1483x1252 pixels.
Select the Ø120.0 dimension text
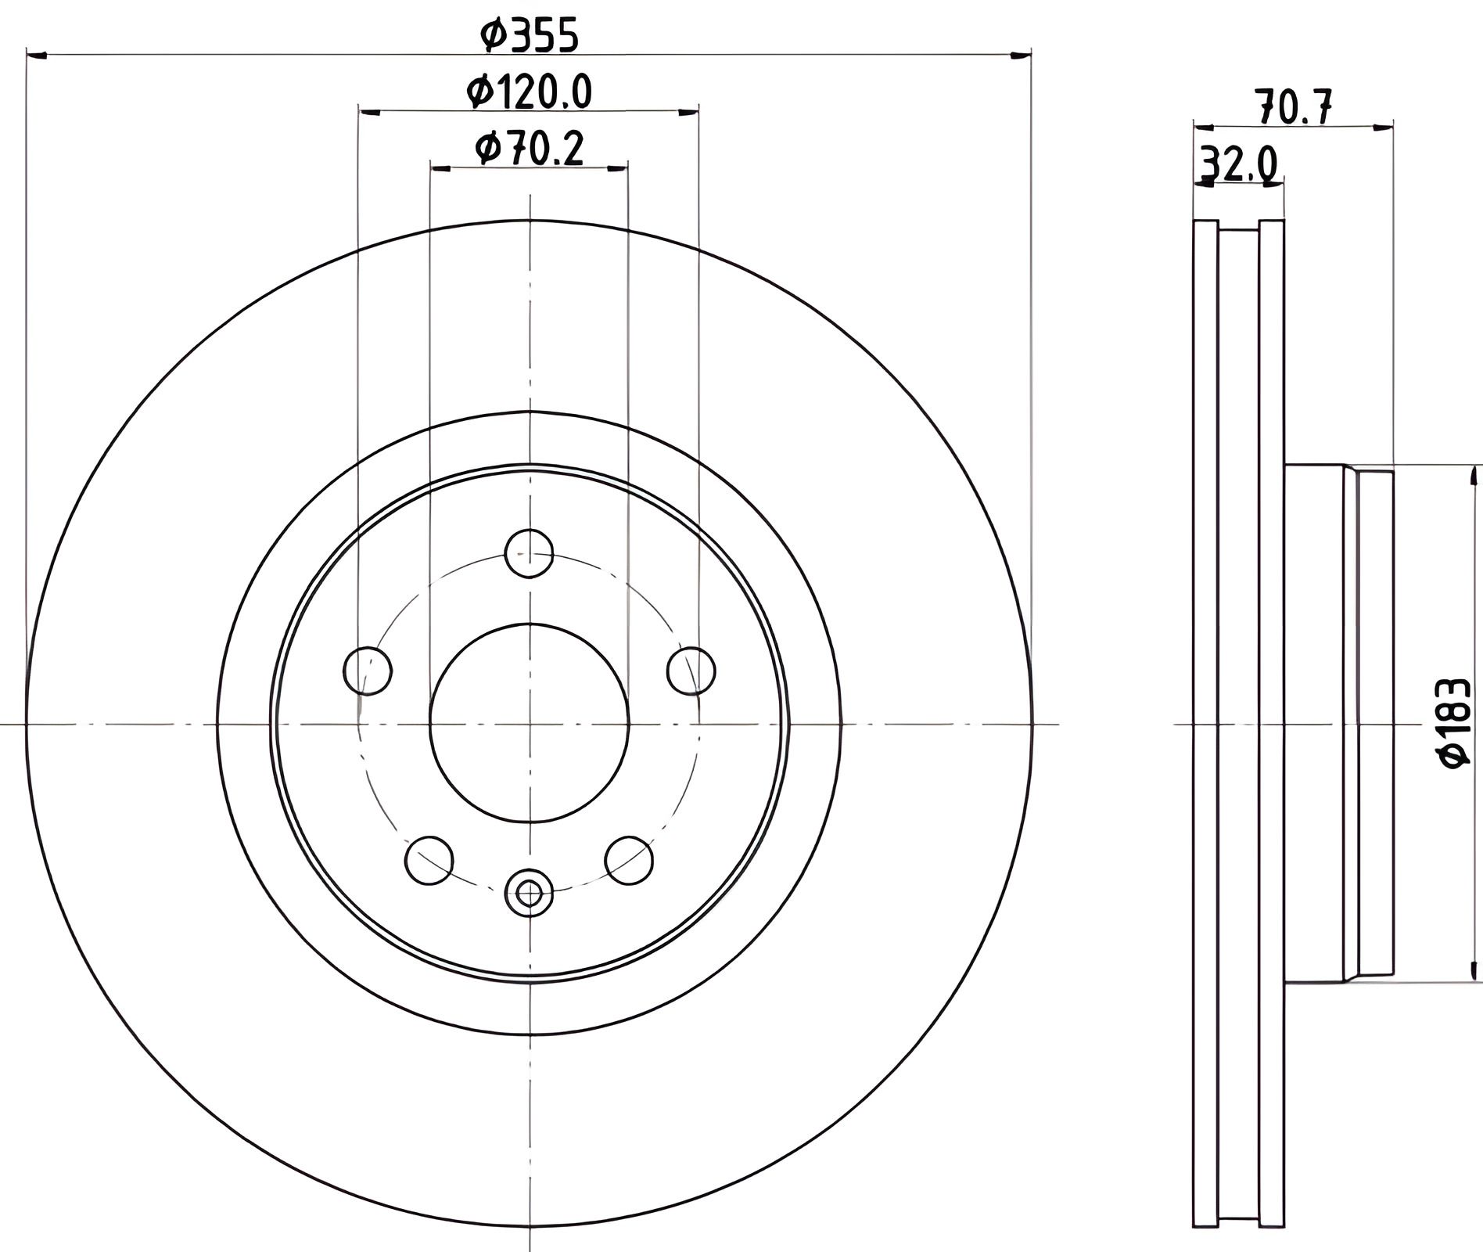pyautogui.click(x=530, y=92)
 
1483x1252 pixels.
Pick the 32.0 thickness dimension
pyautogui.click(x=1238, y=165)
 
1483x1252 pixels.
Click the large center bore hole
pyautogui.click(x=530, y=724)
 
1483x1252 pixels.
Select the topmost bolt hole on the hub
pyautogui.click(x=530, y=553)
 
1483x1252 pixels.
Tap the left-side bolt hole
pyautogui.click(x=368, y=671)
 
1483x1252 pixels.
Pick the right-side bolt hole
pyautogui.click(x=691, y=671)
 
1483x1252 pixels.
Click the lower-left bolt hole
pyautogui.click(x=429, y=860)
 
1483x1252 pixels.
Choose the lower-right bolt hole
pyautogui.click(x=630, y=860)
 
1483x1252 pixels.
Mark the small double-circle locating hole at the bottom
pyautogui.click(x=530, y=891)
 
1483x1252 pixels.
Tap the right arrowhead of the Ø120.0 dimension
pyautogui.click(x=688, y=112)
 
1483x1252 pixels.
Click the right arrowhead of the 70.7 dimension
pyautogui.click(x=1383, y=127)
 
